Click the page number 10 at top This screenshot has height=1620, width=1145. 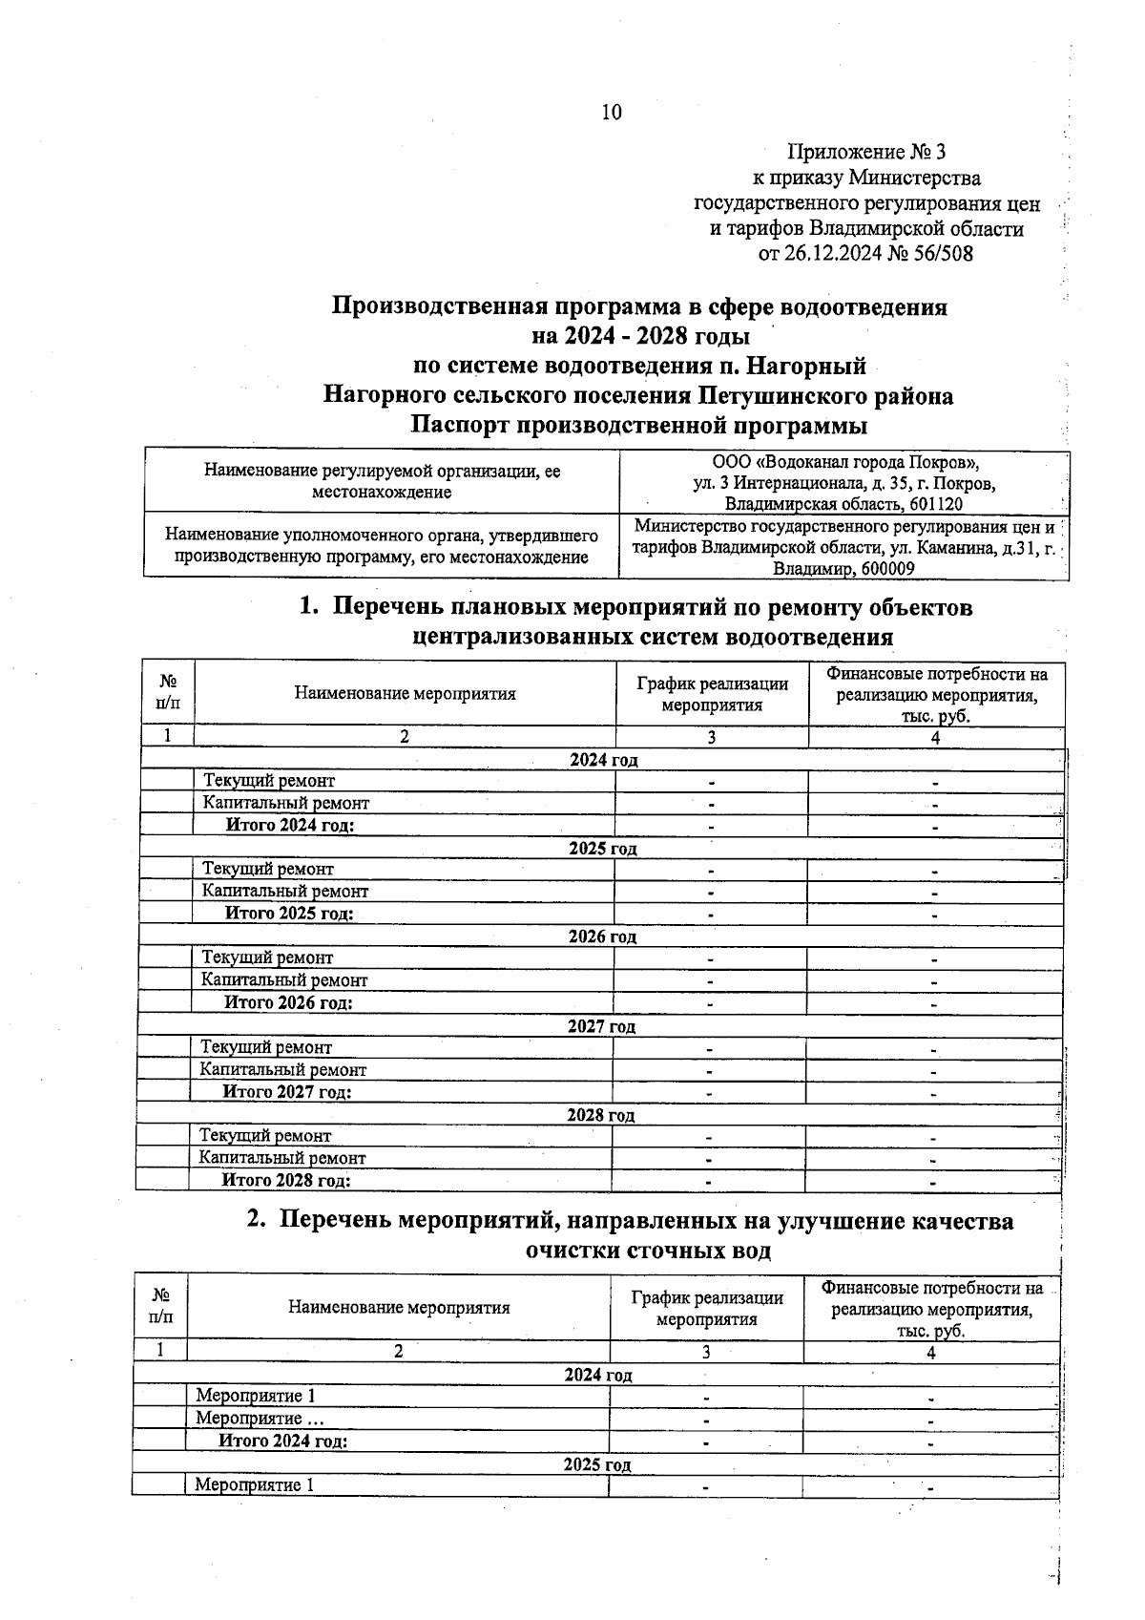coord(611,113)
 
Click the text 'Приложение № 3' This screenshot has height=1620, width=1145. coord(865,152)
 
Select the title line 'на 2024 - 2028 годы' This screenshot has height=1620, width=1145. coord(640,336)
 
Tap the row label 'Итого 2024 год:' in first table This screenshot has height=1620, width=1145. coord(289,825)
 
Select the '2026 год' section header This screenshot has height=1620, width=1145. coord(602,936)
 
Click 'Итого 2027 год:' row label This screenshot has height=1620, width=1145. coord(286,1091)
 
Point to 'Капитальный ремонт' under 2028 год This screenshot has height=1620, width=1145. coord(281,1158)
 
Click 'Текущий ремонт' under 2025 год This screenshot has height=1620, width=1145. coord(267,869)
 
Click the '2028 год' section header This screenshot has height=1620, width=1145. coord(600,1114)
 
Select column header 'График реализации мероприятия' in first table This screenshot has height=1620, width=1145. coord(712,694)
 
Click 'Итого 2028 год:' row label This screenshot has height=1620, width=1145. coord(285,1180)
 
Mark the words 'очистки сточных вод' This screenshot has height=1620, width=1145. coord(648,1251)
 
